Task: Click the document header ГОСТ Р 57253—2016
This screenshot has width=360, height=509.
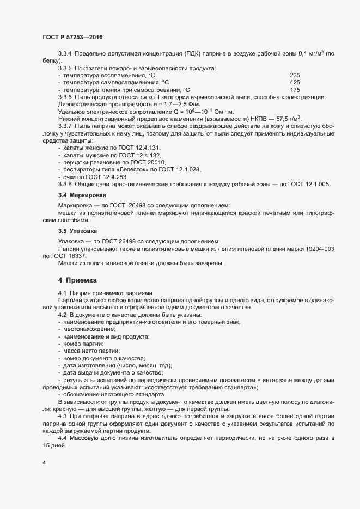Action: coord(72,36)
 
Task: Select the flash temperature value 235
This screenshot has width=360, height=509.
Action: coord(295,75)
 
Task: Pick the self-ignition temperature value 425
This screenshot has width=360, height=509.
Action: coord(295,83)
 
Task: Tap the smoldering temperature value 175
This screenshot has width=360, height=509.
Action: coord(295,90)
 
